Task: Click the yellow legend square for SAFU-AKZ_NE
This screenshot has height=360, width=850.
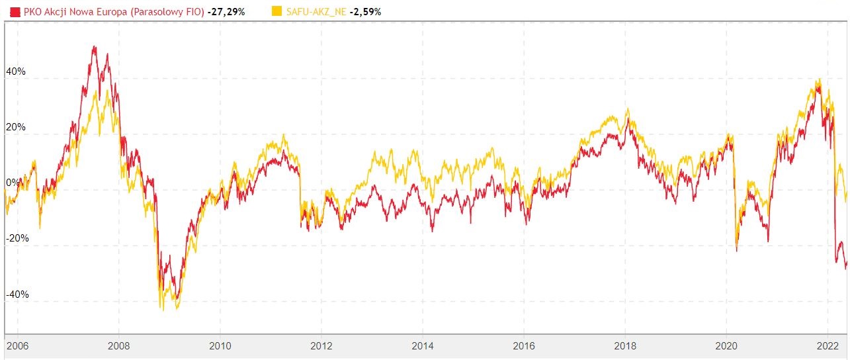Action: [276, 11]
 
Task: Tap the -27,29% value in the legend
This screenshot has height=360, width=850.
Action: [226, 12]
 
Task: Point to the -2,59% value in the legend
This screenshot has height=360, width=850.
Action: [366, 12]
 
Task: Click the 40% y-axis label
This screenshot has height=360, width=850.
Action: [16, 71]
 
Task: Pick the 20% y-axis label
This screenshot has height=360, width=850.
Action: [16, 127]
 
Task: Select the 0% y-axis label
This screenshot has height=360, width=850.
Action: [13, 183]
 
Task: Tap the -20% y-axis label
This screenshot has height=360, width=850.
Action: [17, 238]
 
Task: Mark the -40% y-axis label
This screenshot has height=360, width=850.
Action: [17, 294]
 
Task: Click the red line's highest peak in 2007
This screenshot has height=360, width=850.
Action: [94, 46]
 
